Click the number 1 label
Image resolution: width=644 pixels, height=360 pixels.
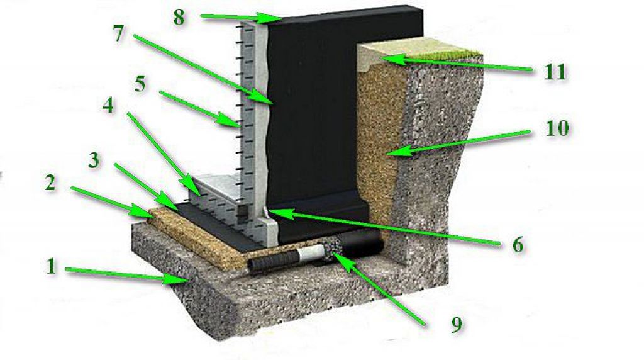[51, 266]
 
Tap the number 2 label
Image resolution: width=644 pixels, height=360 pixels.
[50, 183]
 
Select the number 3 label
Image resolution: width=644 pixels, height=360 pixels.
[94, 160]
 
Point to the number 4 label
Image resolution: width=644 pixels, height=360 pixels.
[108, 105]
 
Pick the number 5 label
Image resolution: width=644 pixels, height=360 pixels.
[140, 85]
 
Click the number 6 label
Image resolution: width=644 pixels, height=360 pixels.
[518, 245]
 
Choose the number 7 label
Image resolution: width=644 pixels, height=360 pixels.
[118, 34]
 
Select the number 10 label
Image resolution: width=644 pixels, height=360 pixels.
[557, 128]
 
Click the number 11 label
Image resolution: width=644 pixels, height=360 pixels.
[555, 72]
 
